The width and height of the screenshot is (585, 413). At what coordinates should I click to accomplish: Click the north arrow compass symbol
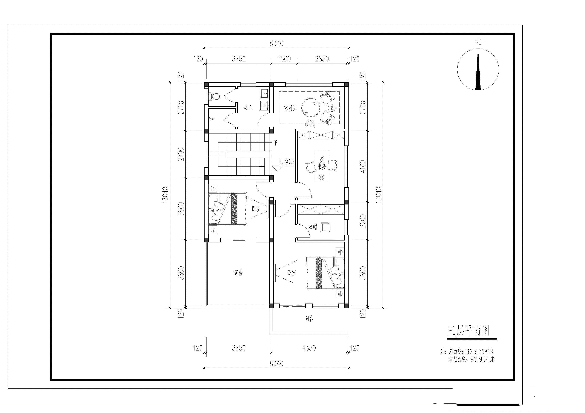tap(478, 69)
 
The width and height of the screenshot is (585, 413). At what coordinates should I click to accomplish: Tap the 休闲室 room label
tap(290, 108)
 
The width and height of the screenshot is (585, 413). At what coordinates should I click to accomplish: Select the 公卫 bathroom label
tap(248, 108)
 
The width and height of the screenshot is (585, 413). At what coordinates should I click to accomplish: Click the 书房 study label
tap(322, 167)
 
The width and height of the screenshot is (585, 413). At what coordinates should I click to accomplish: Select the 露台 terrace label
tap(238, 273)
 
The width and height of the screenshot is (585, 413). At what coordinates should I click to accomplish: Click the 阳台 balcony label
tap(309, 319)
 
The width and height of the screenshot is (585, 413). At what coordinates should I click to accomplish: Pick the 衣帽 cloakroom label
tap(313, 227)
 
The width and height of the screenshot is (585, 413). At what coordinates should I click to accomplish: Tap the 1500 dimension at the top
tap(284, 59)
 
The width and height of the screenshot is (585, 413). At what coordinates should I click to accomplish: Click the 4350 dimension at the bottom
tap(309, 348)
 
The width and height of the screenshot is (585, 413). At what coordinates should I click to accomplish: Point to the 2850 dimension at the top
tap(322, 59)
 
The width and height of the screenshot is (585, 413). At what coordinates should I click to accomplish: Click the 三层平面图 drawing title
tap(469, 331)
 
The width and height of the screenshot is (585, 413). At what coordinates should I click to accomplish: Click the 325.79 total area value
tap(475, 352)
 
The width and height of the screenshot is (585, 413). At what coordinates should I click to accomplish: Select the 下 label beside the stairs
tap(275, 142)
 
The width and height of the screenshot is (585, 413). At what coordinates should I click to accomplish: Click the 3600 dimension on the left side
tap(181, 209)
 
